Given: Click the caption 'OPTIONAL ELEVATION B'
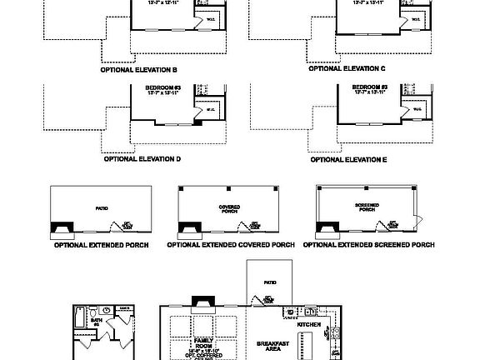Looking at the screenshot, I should (139, 70).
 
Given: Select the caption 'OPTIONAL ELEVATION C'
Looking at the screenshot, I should (347, 69).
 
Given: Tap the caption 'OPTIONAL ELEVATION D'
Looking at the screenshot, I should (142, 158).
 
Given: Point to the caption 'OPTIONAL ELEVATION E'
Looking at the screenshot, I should (348, 158).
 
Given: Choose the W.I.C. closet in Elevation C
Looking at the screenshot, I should (416, 18).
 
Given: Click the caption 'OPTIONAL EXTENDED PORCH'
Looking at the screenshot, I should (100, 246).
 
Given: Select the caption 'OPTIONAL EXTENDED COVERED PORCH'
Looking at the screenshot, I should (231, 246).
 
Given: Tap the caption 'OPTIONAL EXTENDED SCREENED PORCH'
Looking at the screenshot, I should (368, 246).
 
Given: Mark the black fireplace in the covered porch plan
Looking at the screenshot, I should (191, 227).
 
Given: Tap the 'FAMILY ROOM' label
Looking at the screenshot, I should (204, 342).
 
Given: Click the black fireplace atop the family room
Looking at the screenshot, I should (201, 307).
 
